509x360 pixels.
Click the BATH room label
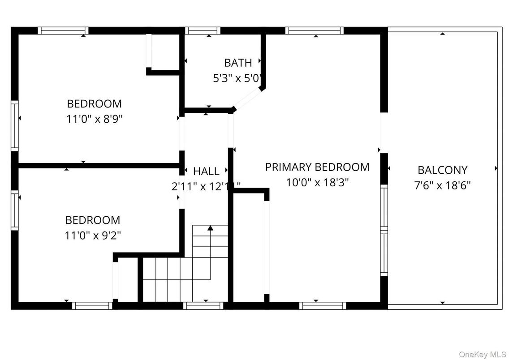(x=238, y=63)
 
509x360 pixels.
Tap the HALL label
(x=206, y=171)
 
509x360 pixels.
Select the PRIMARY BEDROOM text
(x=317, y=167)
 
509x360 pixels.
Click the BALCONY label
(x=442, y=170)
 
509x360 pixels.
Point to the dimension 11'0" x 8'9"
(x=94, y=119)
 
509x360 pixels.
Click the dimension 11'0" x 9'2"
(x=93, y=235)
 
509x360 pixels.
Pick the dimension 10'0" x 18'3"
(x=317, y=183)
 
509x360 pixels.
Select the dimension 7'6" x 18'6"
(x=442, y=185)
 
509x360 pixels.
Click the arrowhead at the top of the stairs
(x=210, y=228)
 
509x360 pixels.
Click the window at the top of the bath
(x=202, y=31)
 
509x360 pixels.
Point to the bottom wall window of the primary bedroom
(x=323, y=306)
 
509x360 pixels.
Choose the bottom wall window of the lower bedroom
(x=92, y=306)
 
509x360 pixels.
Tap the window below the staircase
(x=203, y=306)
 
